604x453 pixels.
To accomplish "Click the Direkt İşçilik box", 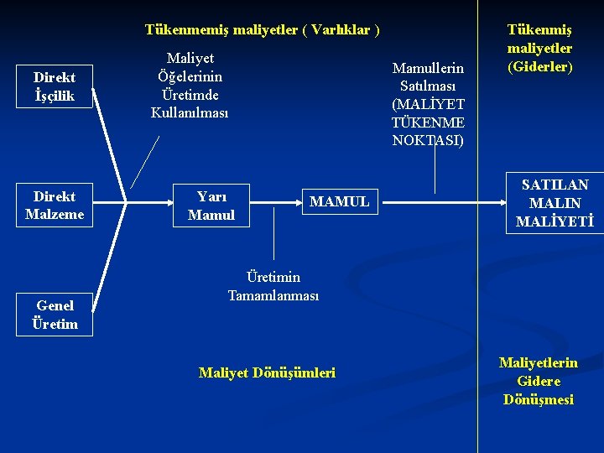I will tap(54, 87).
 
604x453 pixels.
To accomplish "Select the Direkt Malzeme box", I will tap(54, 205).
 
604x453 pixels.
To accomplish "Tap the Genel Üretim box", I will tap(55, 315).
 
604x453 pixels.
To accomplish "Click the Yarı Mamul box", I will tap(211, 205).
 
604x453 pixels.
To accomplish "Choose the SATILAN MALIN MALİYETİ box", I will tap(555, 203).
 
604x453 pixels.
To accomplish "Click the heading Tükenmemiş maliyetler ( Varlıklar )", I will tap(262, 30).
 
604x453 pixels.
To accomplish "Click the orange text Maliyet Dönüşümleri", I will tap(267, 372).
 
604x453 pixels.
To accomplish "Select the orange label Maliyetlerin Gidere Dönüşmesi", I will tap(539, 381).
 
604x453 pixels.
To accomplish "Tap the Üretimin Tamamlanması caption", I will tap(273, 286).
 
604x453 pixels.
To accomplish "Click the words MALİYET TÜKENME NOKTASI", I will tap(428, 122).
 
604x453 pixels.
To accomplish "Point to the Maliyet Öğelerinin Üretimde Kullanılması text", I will tap(190, 85).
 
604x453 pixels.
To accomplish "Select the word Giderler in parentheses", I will tap(540, 66).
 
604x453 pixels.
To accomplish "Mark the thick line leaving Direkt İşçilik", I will tap(109, 143).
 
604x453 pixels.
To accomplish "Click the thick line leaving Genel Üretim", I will tap(109, 260).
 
